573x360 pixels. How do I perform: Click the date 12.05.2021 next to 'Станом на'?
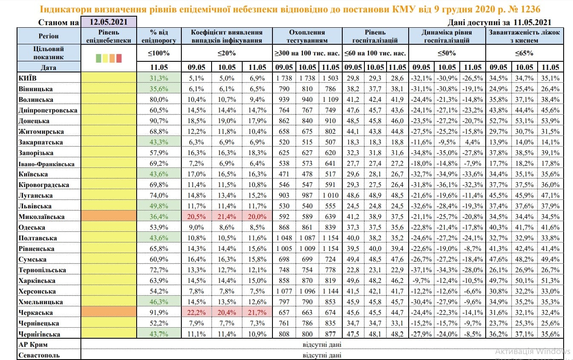[x=109, y=22]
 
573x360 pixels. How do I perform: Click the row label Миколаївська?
[x=42, y=217]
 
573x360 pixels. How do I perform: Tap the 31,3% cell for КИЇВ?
[x=159, y=78]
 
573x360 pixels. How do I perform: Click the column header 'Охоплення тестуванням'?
[x=307, y=36]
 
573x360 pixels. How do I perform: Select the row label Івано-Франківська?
[x=47, y=164]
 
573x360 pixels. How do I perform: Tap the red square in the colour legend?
[x=119, y=58]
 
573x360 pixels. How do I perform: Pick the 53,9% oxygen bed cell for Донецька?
[x=550, y=121]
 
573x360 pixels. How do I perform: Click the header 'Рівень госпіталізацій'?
[x=375, y=36]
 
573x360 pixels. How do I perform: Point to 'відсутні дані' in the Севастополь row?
[x=322, y=355]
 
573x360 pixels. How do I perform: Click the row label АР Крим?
[x=33, y=345]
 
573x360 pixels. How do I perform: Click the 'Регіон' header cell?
[x=49, y=36]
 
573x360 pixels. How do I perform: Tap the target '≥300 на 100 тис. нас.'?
[x=307, y=53]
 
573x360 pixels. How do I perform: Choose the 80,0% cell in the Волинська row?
[x=159, y=99]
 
